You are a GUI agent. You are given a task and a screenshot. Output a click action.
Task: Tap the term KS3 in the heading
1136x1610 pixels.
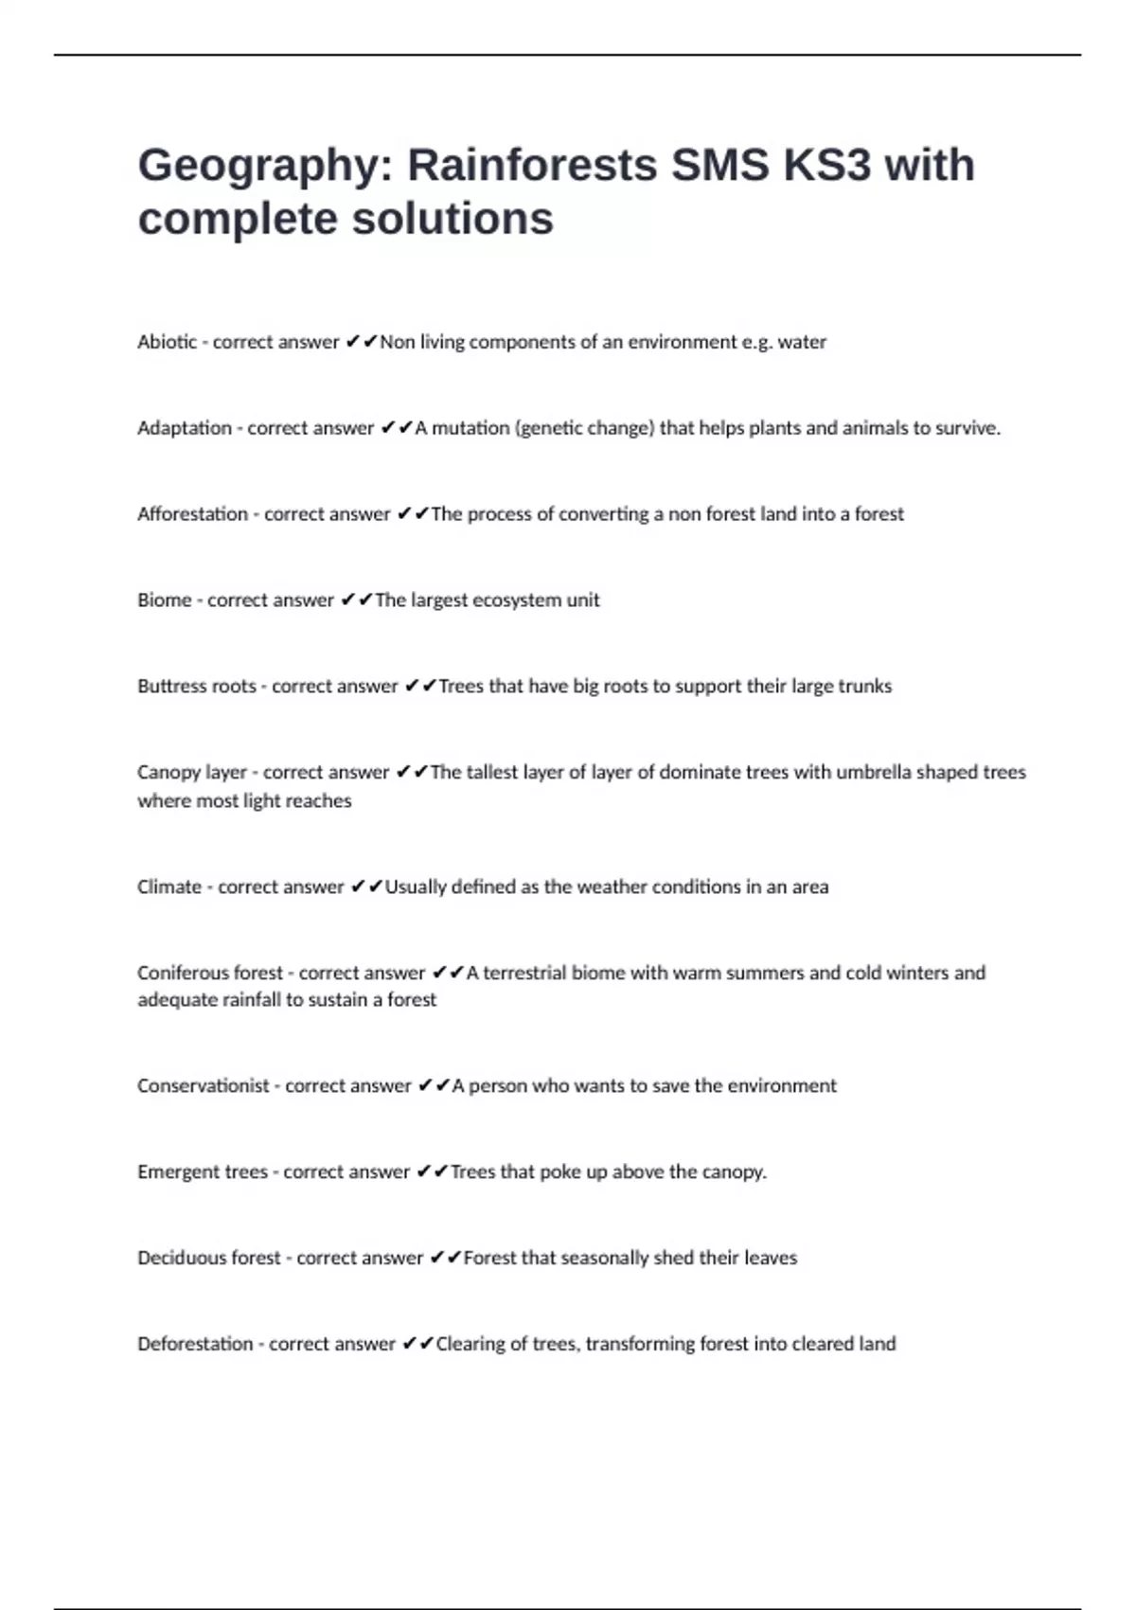click(826, 165)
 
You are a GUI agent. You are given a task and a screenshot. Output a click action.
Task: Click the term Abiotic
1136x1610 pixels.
click(168, 342)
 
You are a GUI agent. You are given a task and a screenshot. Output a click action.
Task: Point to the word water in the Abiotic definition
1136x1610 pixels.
click(802, 342)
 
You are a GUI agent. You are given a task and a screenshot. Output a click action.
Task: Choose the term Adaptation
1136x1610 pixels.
click(185, 428)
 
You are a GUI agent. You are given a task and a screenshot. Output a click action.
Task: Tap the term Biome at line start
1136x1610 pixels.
click(165, 600)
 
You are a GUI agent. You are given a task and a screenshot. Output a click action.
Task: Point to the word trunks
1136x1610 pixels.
click(865, 687)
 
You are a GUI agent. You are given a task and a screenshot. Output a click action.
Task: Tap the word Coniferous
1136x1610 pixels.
click(184, 974)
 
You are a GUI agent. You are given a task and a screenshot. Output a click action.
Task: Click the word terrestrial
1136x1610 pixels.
click(536, 974)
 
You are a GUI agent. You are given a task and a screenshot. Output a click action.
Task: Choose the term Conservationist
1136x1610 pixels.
click(204, 1086)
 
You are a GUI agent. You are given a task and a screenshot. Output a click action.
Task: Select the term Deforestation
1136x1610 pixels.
click(195, 1344)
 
